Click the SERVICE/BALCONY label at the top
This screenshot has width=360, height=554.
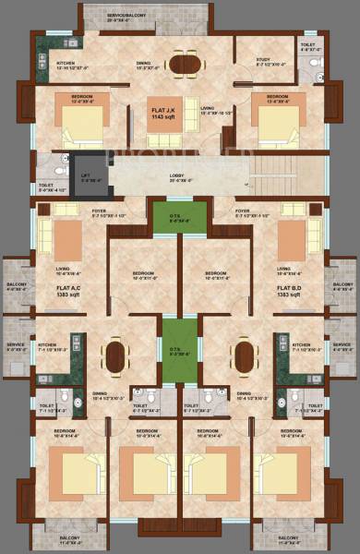click(126, 17)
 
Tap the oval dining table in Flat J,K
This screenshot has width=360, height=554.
click(180, 64)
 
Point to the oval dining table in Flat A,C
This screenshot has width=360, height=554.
click(114, 354)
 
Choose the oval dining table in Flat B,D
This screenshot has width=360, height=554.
click(246, 354)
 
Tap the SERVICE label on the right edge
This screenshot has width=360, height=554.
click(342, 346)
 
